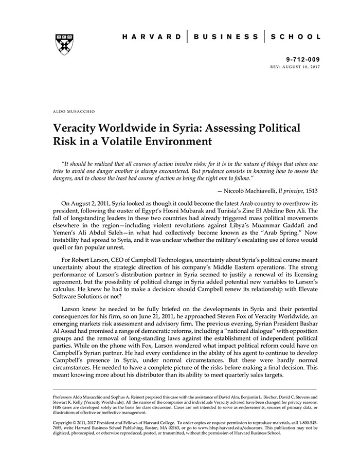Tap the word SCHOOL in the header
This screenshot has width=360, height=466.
[x=295, y=37]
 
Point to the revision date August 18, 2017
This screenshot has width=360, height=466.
[x=299, y=67]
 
